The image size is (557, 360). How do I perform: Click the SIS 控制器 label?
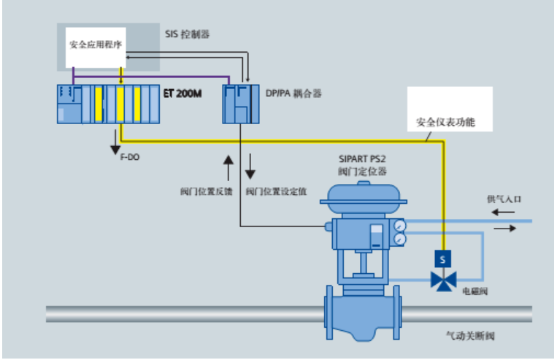190,34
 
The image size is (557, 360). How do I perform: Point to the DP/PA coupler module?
239,104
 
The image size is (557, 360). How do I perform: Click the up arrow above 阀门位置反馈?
229,166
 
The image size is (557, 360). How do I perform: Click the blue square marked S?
442,258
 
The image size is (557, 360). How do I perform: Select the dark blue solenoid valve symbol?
442,279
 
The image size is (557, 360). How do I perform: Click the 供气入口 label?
505,198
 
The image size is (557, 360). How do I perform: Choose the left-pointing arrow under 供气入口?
501,212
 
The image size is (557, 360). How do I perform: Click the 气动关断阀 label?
471,337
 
